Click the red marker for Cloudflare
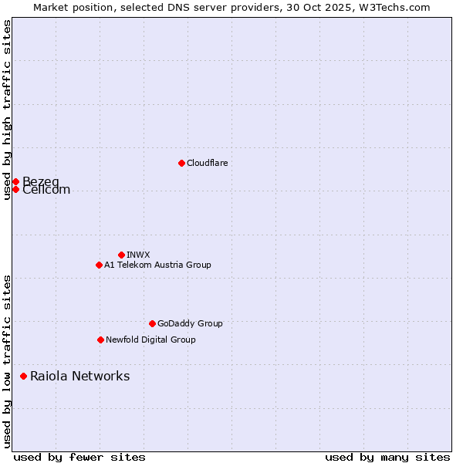pyautogui.click(x=181, y=163)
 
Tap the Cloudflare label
pyautogui.click(x=207, y=163)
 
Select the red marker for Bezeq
pyautogui.click(x=15, y=181)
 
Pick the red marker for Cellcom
pyautogui.click(x=15, y=189)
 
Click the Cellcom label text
pyautogui.click(x=46, y=191)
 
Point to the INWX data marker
pyautogui.click(x=121, y=255)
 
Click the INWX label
pyautogui.click(x=138, y=255)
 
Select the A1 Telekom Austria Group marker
pyautogui.click(x=99, y=265)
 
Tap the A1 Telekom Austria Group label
pyautogui.click(x=157, y=265)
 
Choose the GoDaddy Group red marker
pyautogui.click(x=152, y=323)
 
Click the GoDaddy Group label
pyautogui.click(x=189, y=323)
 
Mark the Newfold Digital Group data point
pyautogui.click(x=100, y=340)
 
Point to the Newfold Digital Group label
pyautogui.click(x=150, y=340)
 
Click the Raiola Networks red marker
pyautogui.click(x=23, y=376)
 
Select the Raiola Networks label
pyautogui.click(x=79, y=376)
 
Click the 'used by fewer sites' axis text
pyautogui.click(x=79, y=457)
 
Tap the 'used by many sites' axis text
pyautogui.click(x=387, y=457)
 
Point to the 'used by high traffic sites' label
pyautogui.click(x=7, y=110)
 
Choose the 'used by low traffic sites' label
pyautogui.click(x=7, y=361)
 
